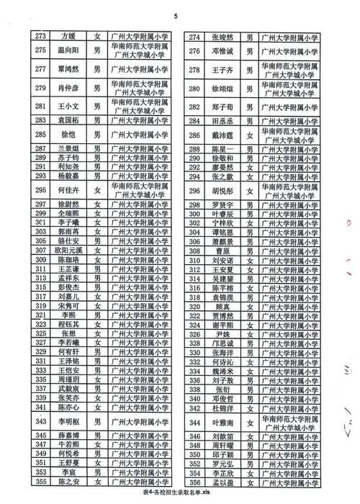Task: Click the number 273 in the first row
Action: tap(41, 36)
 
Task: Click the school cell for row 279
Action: tap(138, 89)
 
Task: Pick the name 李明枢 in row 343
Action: tap(68, 421)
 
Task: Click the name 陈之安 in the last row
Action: tap(68, 481)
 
